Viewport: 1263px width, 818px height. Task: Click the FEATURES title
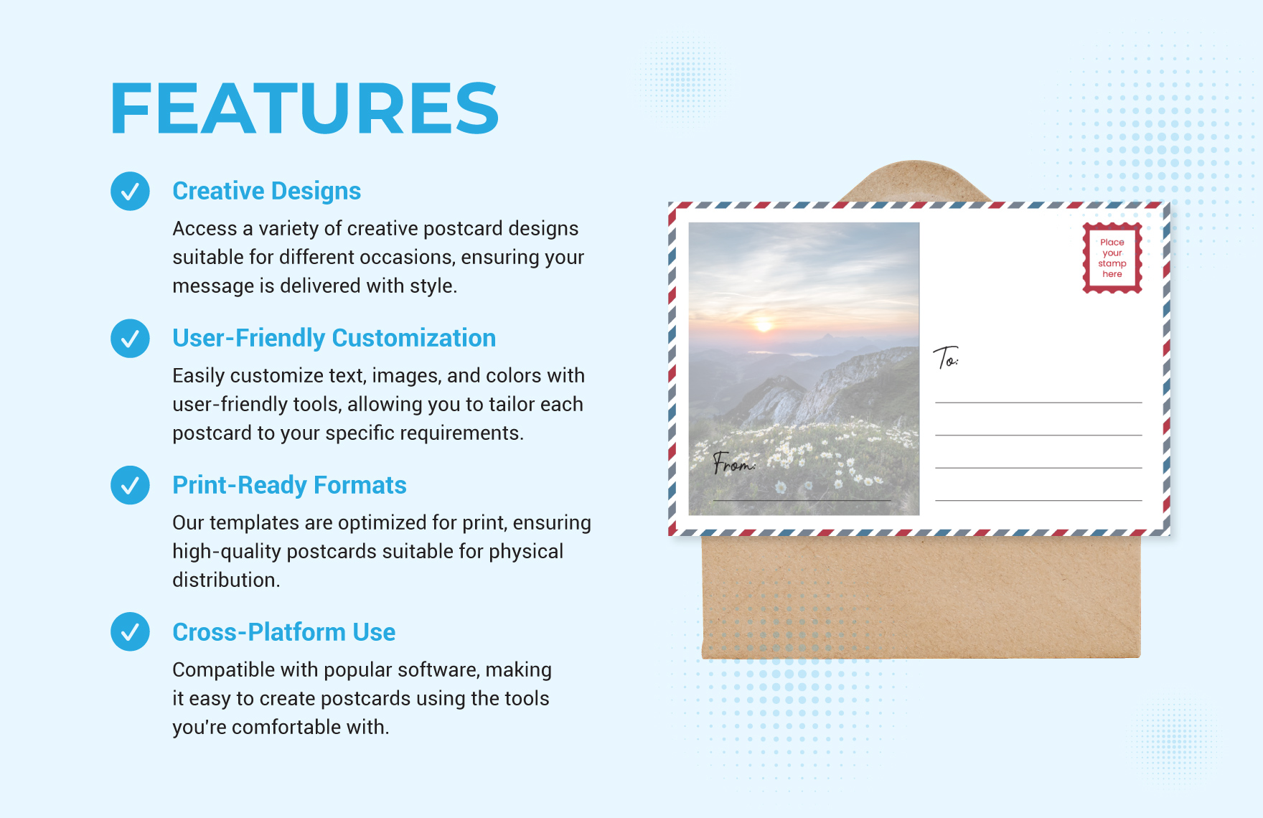[304, 108]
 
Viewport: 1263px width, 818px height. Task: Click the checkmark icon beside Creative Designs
[130, 191]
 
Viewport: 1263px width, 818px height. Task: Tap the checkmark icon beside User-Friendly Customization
[130, 338]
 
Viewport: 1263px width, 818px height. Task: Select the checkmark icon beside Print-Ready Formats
[130, 485]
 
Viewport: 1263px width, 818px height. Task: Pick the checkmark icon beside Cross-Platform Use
[130, 631]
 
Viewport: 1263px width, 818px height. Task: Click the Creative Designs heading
[266, 191]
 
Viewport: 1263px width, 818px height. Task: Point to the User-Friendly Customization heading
[334, 338]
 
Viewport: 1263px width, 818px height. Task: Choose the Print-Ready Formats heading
[289, 485]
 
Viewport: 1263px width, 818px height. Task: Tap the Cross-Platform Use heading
[283, 632]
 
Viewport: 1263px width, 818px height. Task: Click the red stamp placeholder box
[1112, 258]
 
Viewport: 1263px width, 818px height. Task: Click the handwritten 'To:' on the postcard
[946, 357]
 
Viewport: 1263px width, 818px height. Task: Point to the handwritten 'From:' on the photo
[733, 463]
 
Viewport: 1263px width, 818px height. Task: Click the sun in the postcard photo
[764, 325]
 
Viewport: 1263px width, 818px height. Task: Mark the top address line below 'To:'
[1038, 403]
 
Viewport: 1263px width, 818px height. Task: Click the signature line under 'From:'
[802, 500]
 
